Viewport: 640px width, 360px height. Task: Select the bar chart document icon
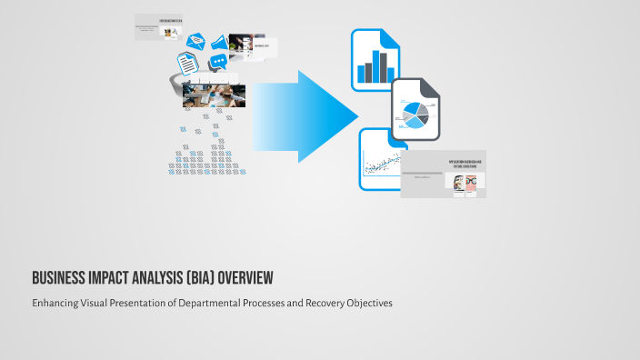coord(375,59)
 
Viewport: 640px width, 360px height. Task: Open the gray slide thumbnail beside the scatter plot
coord(443,174)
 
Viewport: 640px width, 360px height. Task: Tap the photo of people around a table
coord(215,95)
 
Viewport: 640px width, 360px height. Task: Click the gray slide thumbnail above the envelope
coord(157,26)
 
